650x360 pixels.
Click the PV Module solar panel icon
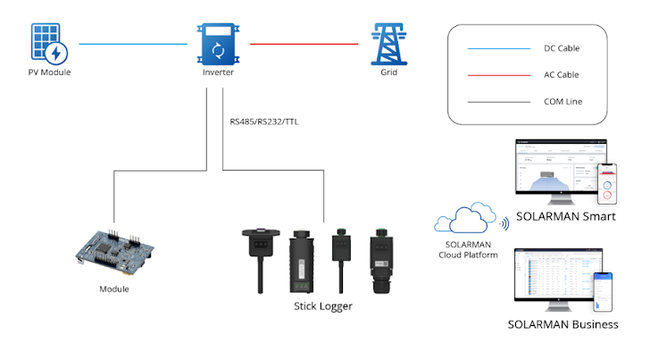pos(48,43)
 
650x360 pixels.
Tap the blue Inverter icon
pos(212,43)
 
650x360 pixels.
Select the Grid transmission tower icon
pos(389,42)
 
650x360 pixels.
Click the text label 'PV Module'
pos(49,72)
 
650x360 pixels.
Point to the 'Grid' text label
pos(389,72)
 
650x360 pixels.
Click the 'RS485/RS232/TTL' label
pos(264,121)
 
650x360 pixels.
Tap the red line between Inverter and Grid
pos(308,43)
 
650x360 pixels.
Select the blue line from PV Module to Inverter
pos(134,43)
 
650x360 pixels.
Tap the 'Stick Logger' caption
pos(323,306)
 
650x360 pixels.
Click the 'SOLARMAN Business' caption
pos(562,324)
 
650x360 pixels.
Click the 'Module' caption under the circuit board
pos(113,289)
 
